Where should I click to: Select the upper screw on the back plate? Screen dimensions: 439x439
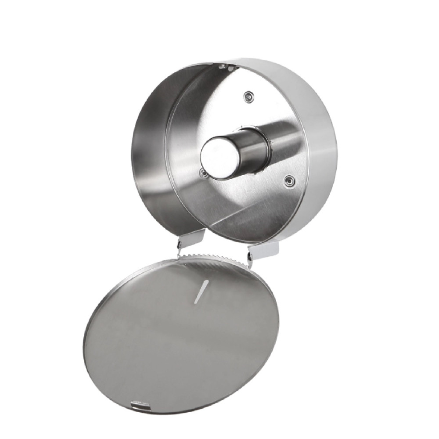tap(249, 95)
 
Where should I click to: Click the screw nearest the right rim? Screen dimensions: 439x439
tap(288, 180)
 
